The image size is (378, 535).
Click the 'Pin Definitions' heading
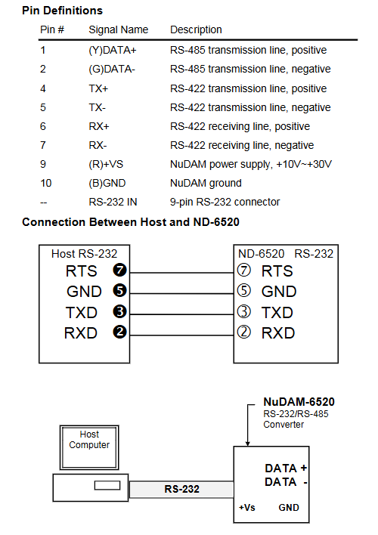click(62, 11)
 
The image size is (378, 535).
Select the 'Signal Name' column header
click(119, 29)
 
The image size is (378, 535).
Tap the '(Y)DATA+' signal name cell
click(113, 50)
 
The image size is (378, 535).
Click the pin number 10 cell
click(46, 183)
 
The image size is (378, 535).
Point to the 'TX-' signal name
click(98, 107)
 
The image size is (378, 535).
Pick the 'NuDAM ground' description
click(206, 183)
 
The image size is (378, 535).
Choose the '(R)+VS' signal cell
click(106, 164)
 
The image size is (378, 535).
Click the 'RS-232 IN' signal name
click(113, 202)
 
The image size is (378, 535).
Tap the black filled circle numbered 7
click(120, 271)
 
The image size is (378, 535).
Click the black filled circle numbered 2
click(120, 332)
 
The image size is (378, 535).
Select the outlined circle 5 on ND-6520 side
click(243, 291)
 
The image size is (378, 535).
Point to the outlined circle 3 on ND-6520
click(243, 311)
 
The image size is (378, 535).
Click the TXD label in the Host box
click(82, 313)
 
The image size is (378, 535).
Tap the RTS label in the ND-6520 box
click(277, 271)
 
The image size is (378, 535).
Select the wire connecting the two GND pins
click(181, 293)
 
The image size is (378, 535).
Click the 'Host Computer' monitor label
click(89, 440)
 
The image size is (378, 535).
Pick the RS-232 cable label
click(181, 489)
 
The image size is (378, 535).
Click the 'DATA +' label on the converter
click(287, 469)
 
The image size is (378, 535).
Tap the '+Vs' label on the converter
click(247, 508)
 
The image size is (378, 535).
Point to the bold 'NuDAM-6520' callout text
click(299, 401)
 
